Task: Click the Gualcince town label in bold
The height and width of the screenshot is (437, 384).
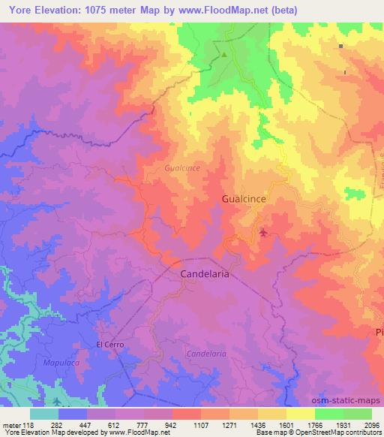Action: [x=244, y=199]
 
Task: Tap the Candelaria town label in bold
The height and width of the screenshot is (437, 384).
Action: [x=205, y=275]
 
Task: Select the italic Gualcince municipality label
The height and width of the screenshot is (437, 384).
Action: [x=182, y=169]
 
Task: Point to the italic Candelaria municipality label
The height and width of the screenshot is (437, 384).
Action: [x=205, y=353]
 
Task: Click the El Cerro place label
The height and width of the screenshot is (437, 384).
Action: [x=109, y=345]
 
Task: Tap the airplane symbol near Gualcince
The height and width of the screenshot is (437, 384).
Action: [x=263, y=232]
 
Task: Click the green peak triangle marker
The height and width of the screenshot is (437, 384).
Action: [x=223, y=54]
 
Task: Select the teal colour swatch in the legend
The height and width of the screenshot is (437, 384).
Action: [x=44, y=414]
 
